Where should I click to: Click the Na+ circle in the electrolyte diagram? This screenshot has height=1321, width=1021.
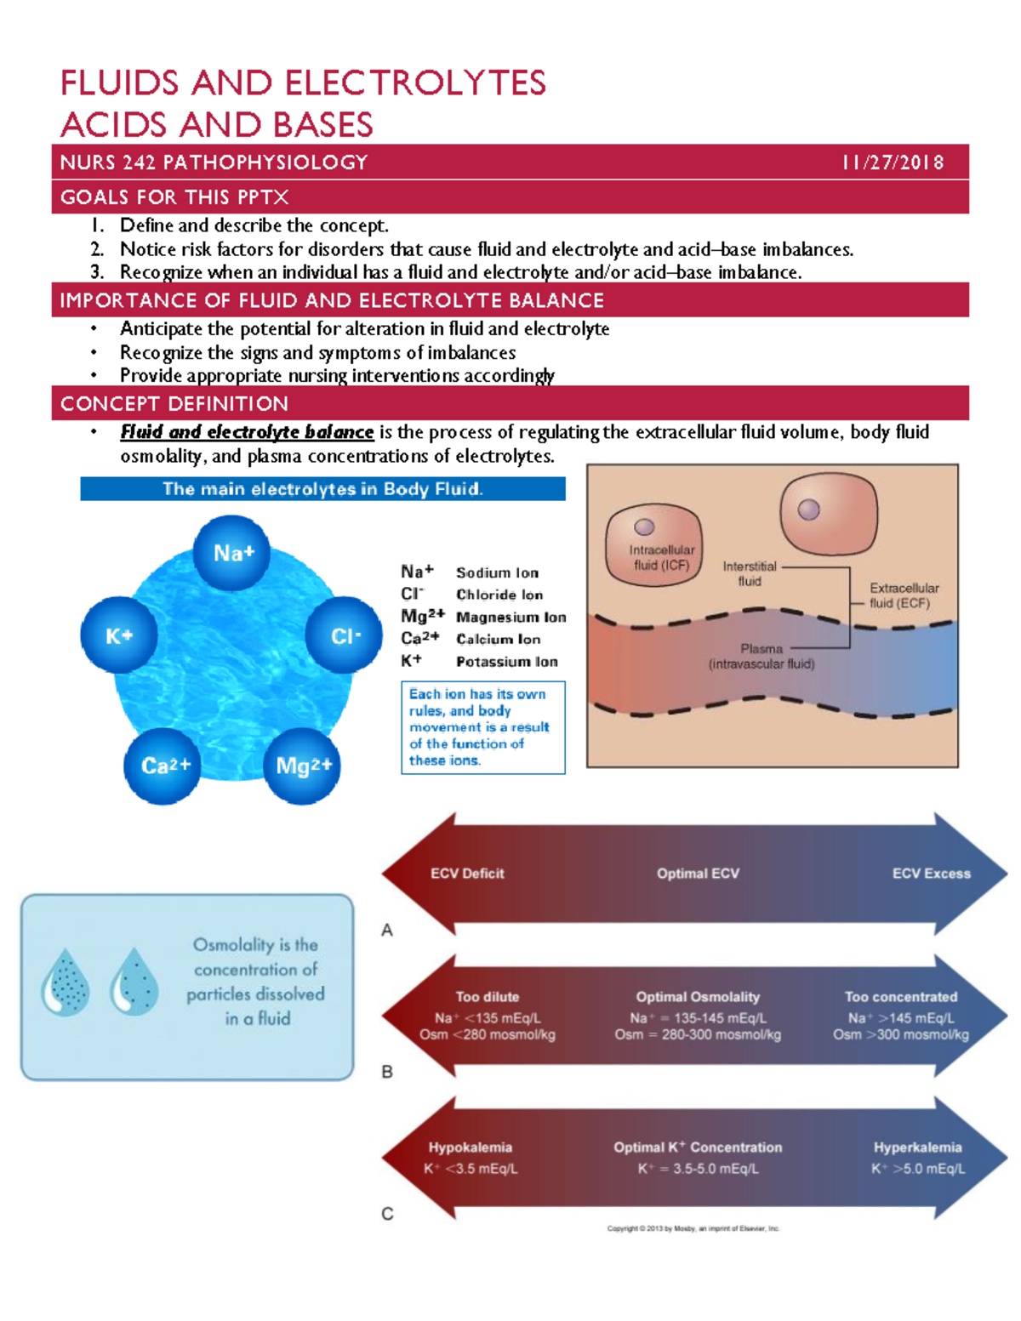[x=232, y=553]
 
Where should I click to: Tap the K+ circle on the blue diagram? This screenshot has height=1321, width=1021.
[x=119, y=635]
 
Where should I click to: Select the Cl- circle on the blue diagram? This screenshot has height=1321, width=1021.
[x=345, y=635]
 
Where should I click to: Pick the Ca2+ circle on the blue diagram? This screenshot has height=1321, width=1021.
[x=164, y=766]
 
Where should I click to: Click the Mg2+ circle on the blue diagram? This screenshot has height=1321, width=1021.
[x=303, y=766]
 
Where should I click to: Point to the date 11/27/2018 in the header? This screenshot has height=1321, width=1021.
[x=893, y=162]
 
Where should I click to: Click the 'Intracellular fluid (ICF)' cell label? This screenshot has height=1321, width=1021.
[x=661, y=557]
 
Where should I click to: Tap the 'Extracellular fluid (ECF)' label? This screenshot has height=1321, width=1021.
[x=904, y=595]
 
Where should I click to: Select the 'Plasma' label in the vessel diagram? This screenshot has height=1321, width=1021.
[x=761, y=648]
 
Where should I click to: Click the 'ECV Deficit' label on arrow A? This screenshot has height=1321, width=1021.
[x=467, y=874]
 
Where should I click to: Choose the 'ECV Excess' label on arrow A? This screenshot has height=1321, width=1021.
[x=931, y=874]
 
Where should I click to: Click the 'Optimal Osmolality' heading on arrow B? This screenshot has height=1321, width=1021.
[x=698, y=997]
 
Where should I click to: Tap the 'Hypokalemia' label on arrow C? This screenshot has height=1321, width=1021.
[x=470, y=1147]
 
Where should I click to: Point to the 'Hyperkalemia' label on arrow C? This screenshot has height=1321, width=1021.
[x=917, y=1147]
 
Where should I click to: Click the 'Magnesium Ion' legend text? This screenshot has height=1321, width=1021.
[x=510, y=618]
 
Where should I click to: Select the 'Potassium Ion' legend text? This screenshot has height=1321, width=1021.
[x=506, y=662]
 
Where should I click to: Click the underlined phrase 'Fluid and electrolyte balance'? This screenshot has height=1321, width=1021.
[x=247, y=432]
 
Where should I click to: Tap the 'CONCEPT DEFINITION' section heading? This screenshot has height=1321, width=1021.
[x=174, y=404]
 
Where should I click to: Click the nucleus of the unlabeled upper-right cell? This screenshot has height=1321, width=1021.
[x=808, y=510]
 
